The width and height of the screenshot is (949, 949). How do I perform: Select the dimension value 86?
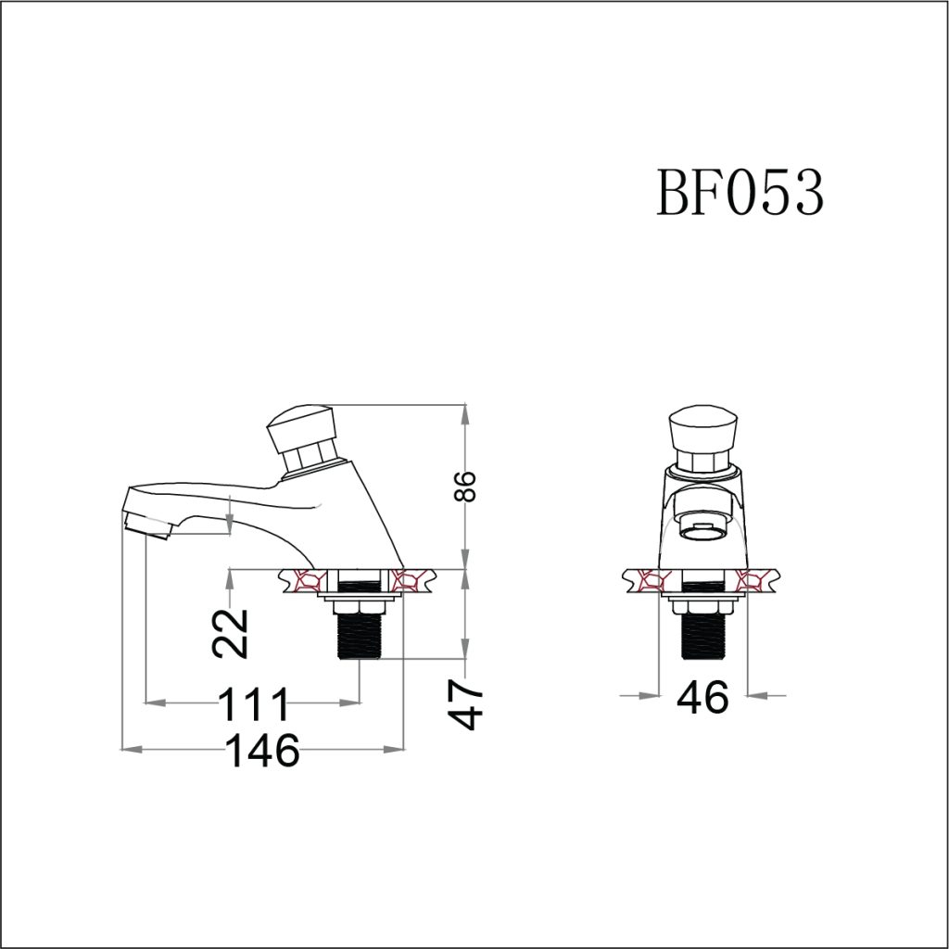pos(467,486)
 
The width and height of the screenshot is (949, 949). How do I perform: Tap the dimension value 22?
pos(231,632)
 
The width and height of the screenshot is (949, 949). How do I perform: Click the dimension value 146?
pos(265,750)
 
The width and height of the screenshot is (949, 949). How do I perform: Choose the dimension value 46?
pos(702,696)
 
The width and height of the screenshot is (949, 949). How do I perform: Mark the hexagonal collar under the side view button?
pos(310,456)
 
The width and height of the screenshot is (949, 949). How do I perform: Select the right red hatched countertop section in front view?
pos(755,582)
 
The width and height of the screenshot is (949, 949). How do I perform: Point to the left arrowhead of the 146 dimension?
pos(131,749)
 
